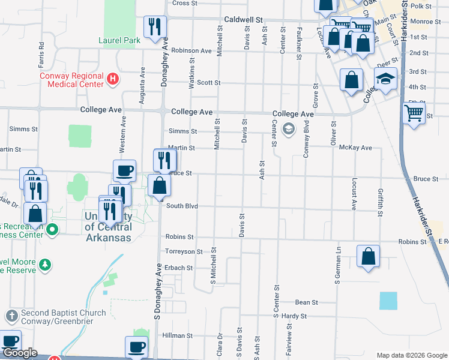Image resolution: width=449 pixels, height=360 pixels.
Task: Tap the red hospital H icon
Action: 112,79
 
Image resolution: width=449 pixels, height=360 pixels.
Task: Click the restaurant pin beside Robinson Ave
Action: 155,26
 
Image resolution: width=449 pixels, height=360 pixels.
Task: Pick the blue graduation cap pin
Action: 385,79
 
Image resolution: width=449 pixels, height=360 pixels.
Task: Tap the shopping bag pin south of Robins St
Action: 368,256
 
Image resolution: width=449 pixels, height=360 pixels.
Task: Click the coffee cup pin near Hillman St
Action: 136,346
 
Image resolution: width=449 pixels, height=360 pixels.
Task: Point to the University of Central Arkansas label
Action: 108,227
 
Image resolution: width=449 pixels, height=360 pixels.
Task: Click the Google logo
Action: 20,353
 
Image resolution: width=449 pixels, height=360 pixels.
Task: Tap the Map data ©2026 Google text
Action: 412,355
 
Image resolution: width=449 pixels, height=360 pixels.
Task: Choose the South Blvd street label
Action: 182,206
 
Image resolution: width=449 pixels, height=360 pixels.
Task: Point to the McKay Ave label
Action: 355,148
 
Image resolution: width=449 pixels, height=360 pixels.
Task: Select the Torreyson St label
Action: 183,252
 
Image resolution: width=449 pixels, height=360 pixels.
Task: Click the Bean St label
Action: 306,302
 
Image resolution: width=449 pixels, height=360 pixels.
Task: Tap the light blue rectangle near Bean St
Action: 388,301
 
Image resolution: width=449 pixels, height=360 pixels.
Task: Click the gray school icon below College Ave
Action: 289,128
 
